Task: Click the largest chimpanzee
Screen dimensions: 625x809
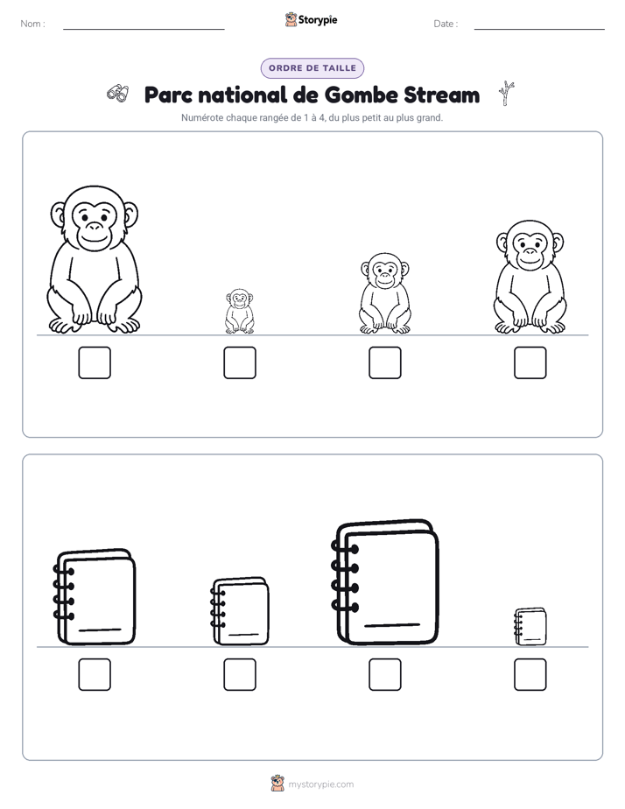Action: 94,259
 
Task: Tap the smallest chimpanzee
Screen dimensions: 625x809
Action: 239,311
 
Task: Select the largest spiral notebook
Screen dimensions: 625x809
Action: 384,582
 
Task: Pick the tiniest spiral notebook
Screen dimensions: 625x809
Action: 530,626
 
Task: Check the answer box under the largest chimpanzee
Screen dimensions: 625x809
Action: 95,362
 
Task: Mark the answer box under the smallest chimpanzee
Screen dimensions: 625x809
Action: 240,362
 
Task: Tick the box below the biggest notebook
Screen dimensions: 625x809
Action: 385,674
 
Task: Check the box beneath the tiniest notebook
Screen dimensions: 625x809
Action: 530,674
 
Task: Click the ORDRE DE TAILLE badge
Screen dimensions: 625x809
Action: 312,68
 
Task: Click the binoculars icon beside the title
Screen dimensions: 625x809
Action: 117,93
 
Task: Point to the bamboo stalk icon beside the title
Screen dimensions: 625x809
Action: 507,93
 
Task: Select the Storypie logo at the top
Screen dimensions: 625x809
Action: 311,19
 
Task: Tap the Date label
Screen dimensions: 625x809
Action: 446,24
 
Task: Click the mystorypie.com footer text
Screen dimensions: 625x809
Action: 320,784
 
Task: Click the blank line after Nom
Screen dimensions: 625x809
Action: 144,29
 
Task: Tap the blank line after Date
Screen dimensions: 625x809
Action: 539,29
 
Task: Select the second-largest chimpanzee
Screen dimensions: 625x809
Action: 530,277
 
